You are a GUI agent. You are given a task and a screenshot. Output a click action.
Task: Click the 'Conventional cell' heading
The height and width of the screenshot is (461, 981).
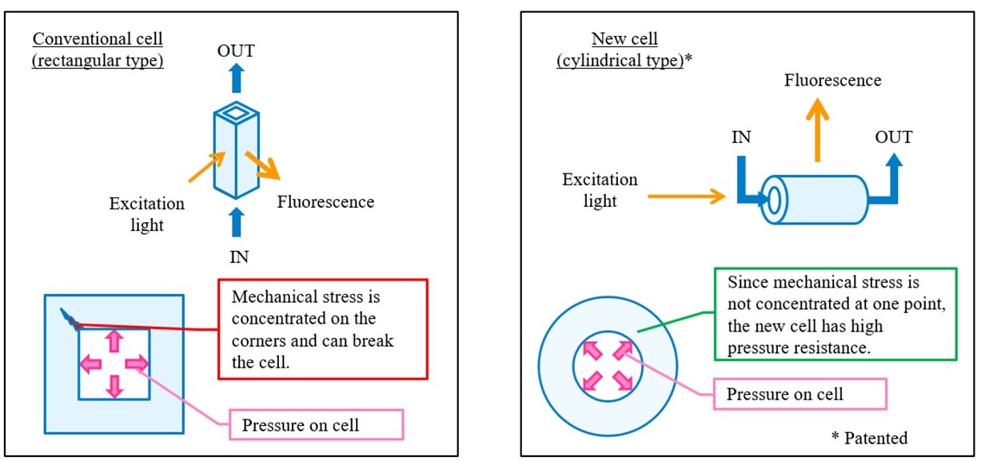(x=98, y=39)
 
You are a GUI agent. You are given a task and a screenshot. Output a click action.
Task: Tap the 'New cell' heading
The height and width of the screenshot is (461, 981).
(x=624, y=39)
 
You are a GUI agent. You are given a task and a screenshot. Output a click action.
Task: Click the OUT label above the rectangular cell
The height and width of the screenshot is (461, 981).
(x=236, y=51)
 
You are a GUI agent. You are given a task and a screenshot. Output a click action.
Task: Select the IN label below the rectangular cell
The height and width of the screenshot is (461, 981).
(x=239, y=257)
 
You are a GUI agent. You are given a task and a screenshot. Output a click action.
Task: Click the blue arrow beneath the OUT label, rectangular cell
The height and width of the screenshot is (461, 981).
(x=237, y=78)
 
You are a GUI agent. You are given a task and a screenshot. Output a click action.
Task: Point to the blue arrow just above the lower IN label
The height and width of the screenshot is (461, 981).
(x=237, y=222)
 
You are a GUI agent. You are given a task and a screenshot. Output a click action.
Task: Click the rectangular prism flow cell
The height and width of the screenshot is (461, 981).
(x=237, y=150)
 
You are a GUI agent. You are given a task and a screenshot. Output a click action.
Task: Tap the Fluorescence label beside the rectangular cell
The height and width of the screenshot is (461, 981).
(x=325, y=202)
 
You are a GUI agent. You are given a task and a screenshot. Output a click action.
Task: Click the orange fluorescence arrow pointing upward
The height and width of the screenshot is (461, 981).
(x=817, y=130)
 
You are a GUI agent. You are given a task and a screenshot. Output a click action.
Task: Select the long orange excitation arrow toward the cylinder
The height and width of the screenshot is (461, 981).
(x=686, y=196)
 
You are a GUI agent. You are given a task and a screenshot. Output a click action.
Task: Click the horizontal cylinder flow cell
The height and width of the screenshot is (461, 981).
(x=815, y=200)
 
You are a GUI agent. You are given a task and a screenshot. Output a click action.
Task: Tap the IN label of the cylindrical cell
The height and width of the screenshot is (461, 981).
(x=741, y=137)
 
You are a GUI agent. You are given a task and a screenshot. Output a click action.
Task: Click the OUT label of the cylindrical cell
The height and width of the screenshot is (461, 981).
(x=893, y=137)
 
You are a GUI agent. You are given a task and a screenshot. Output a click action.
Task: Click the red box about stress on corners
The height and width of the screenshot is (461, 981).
(x=323, y=329)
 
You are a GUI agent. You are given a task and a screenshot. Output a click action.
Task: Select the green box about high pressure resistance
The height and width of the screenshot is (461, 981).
(x=835, y=314)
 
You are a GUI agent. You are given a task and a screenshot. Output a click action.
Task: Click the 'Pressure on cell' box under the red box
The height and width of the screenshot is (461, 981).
(x=316, y=425)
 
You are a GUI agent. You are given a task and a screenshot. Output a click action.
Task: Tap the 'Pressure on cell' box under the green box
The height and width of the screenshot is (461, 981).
(x=800, y=394)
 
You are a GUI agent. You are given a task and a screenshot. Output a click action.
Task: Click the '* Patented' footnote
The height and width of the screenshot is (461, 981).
(x=869, y=439)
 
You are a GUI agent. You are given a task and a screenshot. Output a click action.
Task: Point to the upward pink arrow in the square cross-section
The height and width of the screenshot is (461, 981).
(x=114, y=341)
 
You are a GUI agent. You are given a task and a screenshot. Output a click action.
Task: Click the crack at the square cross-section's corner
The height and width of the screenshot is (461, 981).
(x=70, y=320)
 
